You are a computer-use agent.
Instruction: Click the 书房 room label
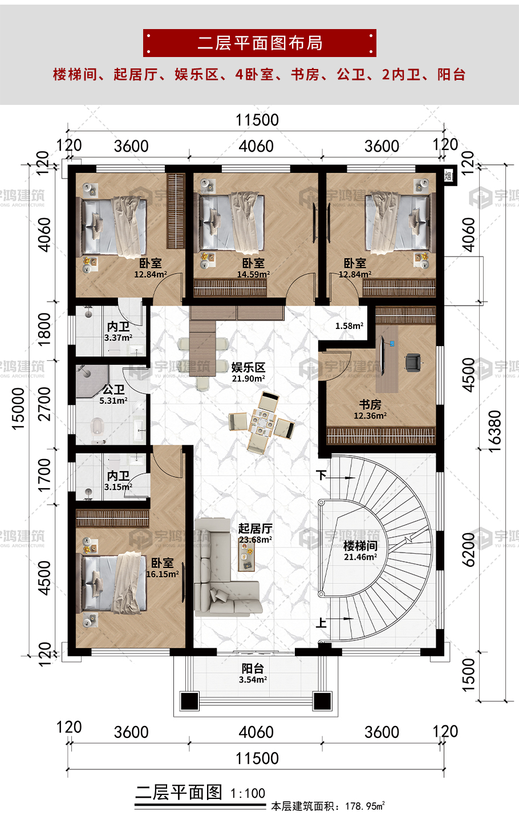(x=370, y=405)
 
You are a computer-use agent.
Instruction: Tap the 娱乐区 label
(x=248, y=367)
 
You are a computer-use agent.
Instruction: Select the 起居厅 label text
(x=256, y=529)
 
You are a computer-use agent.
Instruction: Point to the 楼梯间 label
(x=360, y=546)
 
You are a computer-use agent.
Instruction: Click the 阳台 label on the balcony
(x=253, y=668)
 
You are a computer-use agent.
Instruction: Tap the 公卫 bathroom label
(x=113, y=389)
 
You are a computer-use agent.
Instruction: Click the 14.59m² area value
(x=253, y=274)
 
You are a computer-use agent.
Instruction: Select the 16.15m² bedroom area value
(x=163, y=574)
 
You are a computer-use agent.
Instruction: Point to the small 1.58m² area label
(x=350, y=326)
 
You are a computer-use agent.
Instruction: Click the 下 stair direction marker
(x=322, y=475)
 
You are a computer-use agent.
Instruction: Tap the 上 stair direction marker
(x=322, y=623)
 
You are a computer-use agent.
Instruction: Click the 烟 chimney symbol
(x=448, y=176)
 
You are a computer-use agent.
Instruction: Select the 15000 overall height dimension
(x=18, y=408)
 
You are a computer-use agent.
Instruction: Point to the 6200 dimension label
(x=468, y=550)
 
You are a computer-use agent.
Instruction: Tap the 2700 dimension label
(x=44, y=404)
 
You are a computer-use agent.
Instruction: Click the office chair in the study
(x=413, y=362)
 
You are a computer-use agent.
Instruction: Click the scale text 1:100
(x=248, y=793)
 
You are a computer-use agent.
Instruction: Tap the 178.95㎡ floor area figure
(x=365, y=806)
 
